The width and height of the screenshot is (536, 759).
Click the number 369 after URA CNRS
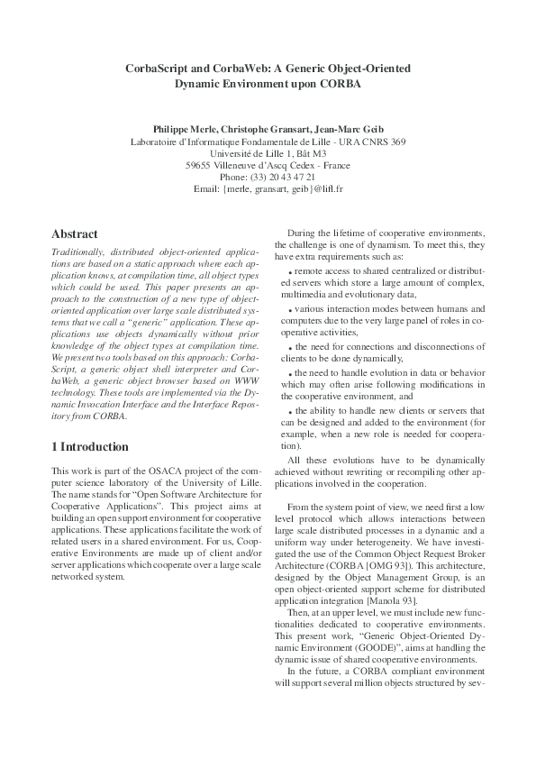(x=394, y=142)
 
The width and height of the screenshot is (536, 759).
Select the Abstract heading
(x=75, y=234)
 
